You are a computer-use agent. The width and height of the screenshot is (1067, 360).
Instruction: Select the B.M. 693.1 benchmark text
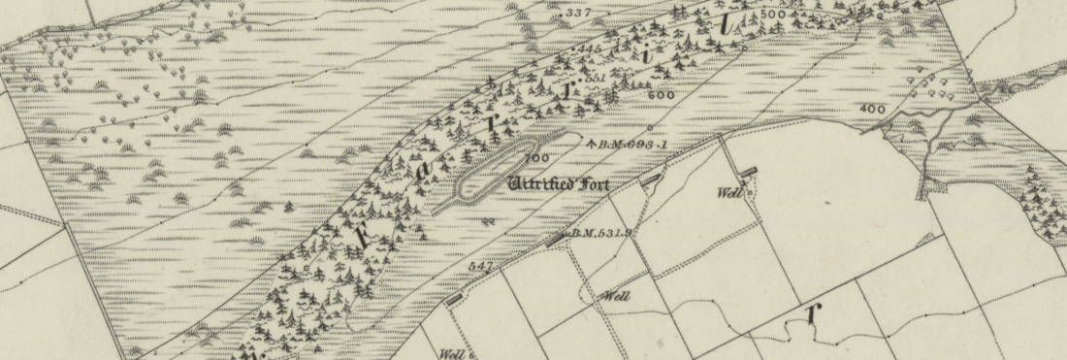634,144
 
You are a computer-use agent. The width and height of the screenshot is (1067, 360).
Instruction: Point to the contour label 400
872,109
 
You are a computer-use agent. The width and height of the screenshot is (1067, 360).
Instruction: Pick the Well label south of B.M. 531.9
617,296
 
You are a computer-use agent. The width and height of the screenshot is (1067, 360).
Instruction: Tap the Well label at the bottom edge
453,353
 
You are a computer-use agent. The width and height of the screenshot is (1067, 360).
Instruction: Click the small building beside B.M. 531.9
554,239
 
